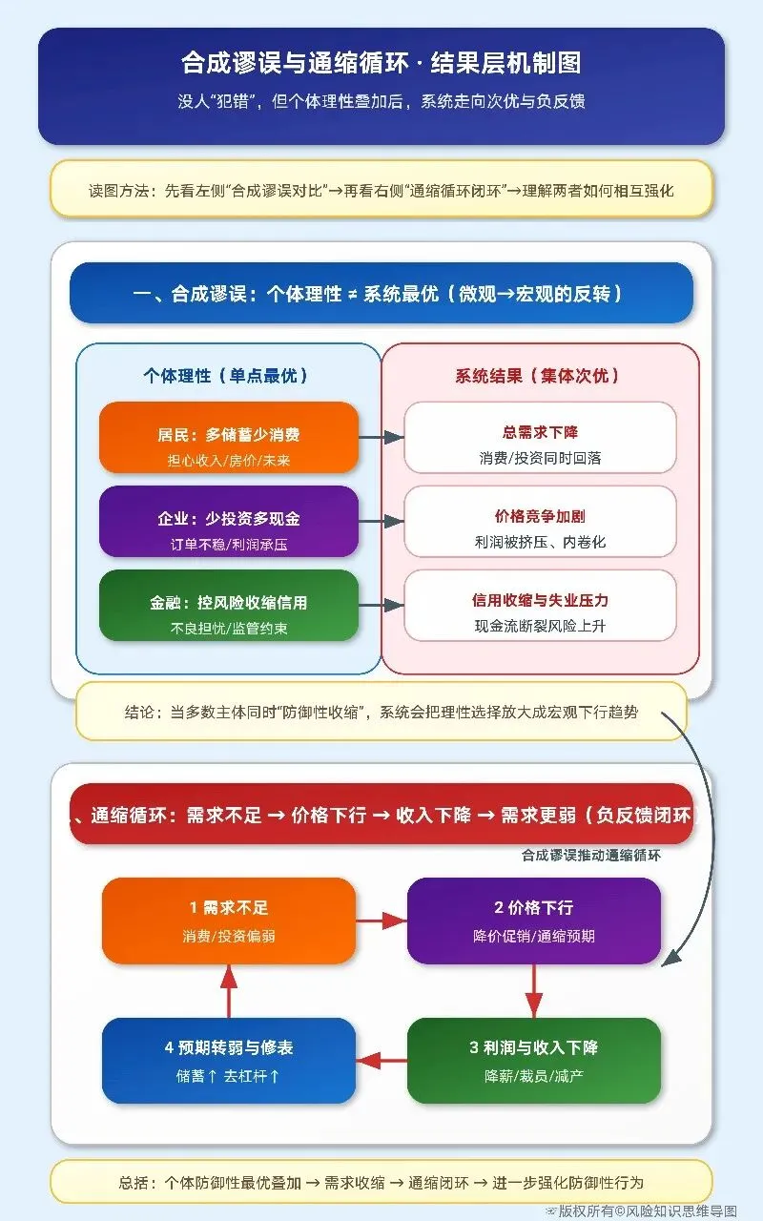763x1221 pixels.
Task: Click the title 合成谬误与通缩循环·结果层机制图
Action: pyautogui.click(x=381, y=64)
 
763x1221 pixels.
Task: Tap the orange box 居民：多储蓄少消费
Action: pyautogui.click(x=229, y=438)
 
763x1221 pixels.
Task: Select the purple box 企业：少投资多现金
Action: pyautogui.click(x=229, y=522)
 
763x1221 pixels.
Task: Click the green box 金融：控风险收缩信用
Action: pyautogui.click(x=229, y=606)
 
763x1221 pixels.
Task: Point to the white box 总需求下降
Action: pyautogui.click(x=540, y=438)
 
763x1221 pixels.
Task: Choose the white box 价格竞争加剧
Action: pyautogui.click(x=540, y=522)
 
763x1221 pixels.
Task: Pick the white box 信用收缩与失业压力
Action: pyautogui.click(x=540, y=606)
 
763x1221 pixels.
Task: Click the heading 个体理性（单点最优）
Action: pyautogui.click(x=226, y=376)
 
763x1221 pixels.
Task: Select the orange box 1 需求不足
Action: pyautogui.click(x=229, y=921)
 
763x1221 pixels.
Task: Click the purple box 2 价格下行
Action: pyautogui.click(x=533, y=921)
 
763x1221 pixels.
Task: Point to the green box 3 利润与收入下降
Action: pyautogui.click(x=533, y=1060)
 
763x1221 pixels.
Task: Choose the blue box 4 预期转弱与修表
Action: pyautogui.click(x=229, y=1060)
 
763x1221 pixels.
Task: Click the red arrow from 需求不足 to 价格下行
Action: pyautogui.click(x=381, y=921)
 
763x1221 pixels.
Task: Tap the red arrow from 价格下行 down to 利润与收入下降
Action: pyautogui.click(x=533, y=990)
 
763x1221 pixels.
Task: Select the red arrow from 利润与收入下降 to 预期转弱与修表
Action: pyautogui.click(x=381, y=1060)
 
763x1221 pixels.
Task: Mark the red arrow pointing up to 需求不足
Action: pyautogui.click(x=229, y=990)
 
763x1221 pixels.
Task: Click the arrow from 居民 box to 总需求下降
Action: pyautogui.click(x=381, y=437)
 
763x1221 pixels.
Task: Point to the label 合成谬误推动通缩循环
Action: pyautogui.click(x=591, y=856)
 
